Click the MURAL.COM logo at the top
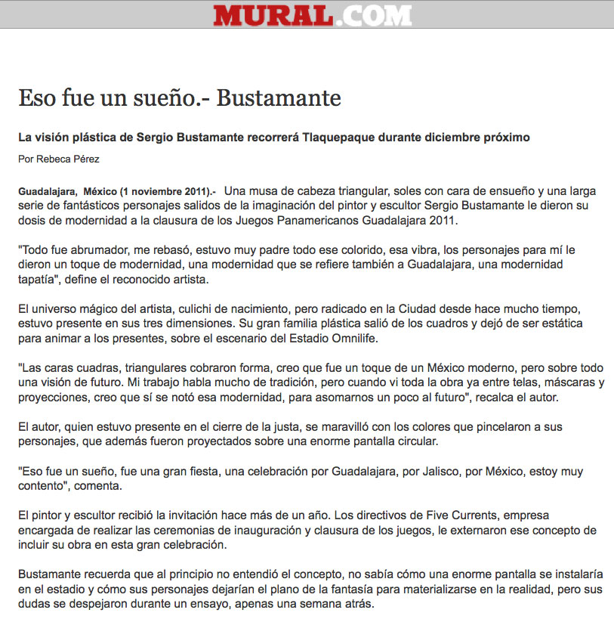point(312,15)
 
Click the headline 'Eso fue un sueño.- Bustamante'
point(180,98)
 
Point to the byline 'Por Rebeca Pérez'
point(59,159)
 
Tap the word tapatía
point(39,280)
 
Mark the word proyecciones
point(54,396)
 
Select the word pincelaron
point(452,427)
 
